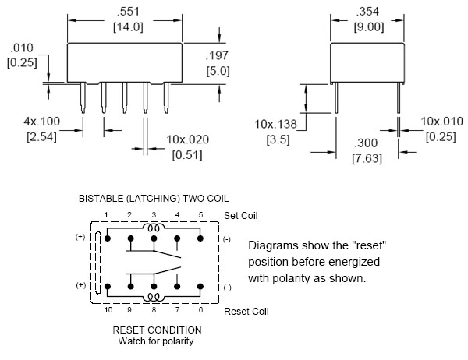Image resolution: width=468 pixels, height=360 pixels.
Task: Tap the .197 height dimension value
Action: point(218,55)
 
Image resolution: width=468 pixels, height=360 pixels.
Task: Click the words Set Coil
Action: point(239,216)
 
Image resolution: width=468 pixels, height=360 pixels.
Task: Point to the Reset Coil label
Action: point(246,311)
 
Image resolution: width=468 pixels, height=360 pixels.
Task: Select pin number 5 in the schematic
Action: point(200,214)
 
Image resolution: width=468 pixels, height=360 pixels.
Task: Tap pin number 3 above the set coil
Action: point(154,214)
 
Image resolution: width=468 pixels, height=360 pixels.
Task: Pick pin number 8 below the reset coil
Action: point(154,310)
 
